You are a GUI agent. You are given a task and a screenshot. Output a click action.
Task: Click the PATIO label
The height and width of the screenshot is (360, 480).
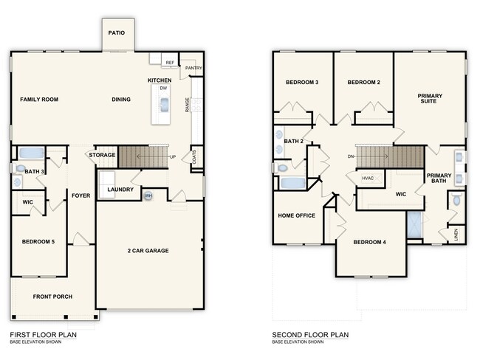click(117, 33)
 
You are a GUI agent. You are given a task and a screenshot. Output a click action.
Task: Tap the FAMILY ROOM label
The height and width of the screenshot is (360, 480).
click(38, 100)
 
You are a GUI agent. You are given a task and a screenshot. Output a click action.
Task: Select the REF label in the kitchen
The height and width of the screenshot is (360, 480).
click(169, 63)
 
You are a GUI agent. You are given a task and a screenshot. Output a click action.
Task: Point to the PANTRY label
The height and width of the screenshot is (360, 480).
click(193, 68)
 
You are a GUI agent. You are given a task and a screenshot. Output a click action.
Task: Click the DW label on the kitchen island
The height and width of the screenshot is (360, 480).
click(163, 88)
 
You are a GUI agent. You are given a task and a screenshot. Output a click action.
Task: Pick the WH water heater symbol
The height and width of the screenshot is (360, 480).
click(148, 195)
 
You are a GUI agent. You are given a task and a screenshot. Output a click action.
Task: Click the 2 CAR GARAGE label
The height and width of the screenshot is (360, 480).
click(148, 251)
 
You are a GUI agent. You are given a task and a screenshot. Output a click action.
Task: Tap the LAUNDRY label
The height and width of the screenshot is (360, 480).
click(120, 190)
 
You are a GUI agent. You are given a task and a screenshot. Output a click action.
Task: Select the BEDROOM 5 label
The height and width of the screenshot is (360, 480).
click(38, 242)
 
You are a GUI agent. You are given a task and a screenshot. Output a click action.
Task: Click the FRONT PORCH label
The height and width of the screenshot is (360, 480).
click(51, 297)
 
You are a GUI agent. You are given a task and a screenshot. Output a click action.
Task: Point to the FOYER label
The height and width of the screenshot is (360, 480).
click(80, 195)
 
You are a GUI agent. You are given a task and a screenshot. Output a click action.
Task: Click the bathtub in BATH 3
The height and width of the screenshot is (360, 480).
click(30, 153)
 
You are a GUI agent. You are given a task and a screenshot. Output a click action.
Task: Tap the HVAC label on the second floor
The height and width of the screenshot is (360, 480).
click(368, 179)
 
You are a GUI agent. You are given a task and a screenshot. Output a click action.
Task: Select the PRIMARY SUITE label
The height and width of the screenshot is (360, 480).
click(431, 98)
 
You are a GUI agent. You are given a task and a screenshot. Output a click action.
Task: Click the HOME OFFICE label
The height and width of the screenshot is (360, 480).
click(296, 215)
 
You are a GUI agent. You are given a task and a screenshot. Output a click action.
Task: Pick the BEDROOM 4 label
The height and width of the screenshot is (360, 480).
click(368, 242)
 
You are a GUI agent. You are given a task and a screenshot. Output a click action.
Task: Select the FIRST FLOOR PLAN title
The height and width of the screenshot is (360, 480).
click(43, 334)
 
